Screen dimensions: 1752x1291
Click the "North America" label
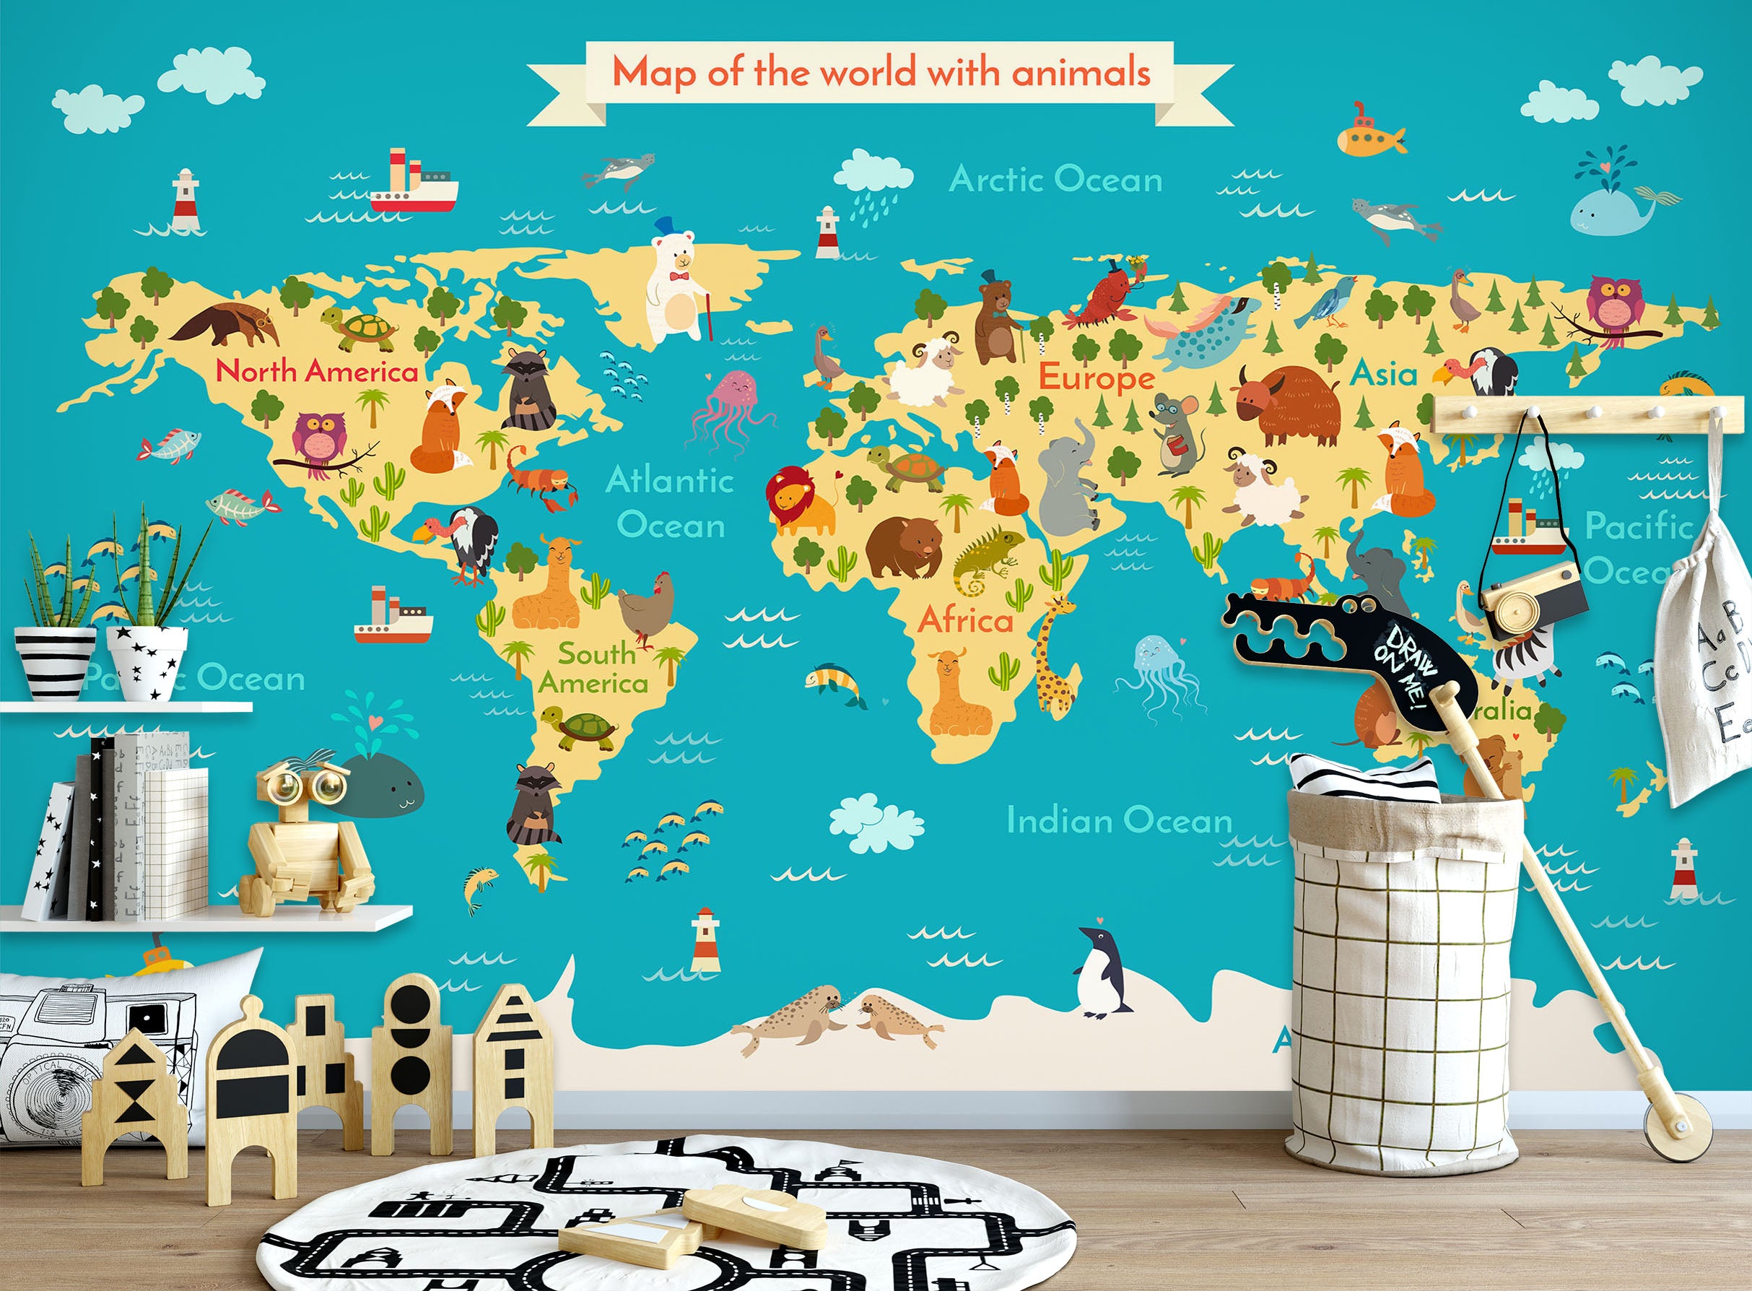(x=317, y=370)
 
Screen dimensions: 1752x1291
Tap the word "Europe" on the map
(x=1097, y=379)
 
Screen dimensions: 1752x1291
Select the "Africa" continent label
(x=966, y=620)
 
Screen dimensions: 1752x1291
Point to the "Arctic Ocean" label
(x=1055, y=180)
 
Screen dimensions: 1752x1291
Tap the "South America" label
(x=593, y=668)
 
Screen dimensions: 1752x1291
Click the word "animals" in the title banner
(x=1081, y=74)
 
